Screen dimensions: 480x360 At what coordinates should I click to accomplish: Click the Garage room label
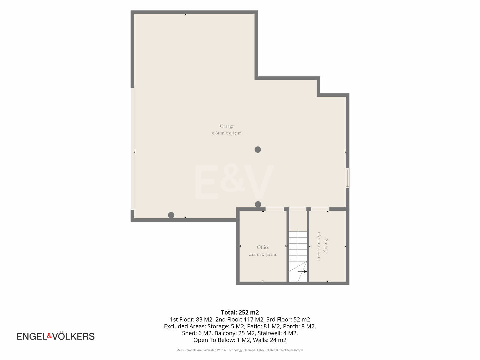coord(227,126)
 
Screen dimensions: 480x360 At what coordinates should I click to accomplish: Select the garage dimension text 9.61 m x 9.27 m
coord(227,133)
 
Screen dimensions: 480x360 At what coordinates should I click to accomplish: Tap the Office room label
coord(263,247)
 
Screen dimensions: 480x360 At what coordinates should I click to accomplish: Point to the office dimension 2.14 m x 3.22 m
coord(263,254)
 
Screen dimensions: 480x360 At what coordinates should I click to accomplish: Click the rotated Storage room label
coord(326,246)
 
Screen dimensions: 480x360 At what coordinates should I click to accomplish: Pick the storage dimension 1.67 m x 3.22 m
coord(319,246)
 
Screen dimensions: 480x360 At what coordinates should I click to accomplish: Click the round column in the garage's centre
coord(258,150)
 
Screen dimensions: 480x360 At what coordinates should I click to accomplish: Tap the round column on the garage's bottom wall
coord(171,215)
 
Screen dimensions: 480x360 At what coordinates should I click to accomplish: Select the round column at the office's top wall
coord(258,204)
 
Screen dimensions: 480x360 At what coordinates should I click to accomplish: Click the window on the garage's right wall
coord(347,178)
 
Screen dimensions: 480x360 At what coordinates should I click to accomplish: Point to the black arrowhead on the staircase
coord(305,271)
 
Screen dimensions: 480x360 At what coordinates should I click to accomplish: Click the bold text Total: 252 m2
coord(240,312)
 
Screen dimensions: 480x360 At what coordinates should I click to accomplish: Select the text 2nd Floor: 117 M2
coord(239,319)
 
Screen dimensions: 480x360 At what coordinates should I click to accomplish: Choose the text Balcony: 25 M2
coord(235,333)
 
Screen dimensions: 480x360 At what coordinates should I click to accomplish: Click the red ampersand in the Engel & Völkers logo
coord(49,336)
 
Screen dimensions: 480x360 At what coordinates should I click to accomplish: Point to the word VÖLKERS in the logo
coord(73,336)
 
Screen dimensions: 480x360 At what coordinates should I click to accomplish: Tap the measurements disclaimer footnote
coord(240,350)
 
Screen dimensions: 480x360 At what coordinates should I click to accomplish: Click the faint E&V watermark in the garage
coord(234,182)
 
